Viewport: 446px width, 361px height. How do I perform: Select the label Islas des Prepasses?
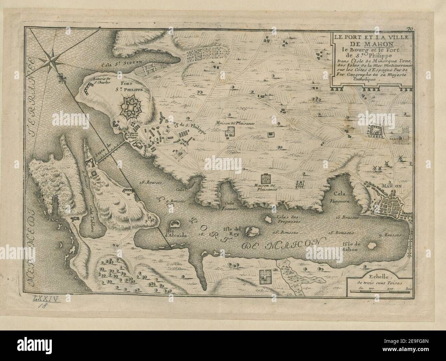[x=287, y=219]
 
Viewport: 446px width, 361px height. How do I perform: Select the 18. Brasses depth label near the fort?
[x=150, y=183]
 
